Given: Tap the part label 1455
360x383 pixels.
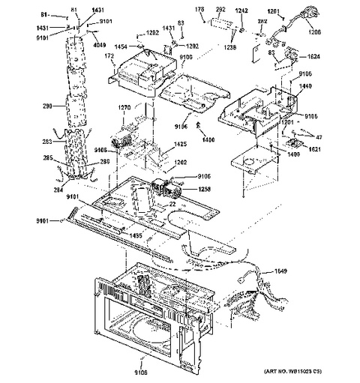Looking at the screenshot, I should [x=136, y=236].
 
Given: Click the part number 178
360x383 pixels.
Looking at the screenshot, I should [x=199, y=9].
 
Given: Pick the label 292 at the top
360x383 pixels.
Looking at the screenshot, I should [x=221, y=9].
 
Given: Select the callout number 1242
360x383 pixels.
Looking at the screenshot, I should [x=241, y=9].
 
